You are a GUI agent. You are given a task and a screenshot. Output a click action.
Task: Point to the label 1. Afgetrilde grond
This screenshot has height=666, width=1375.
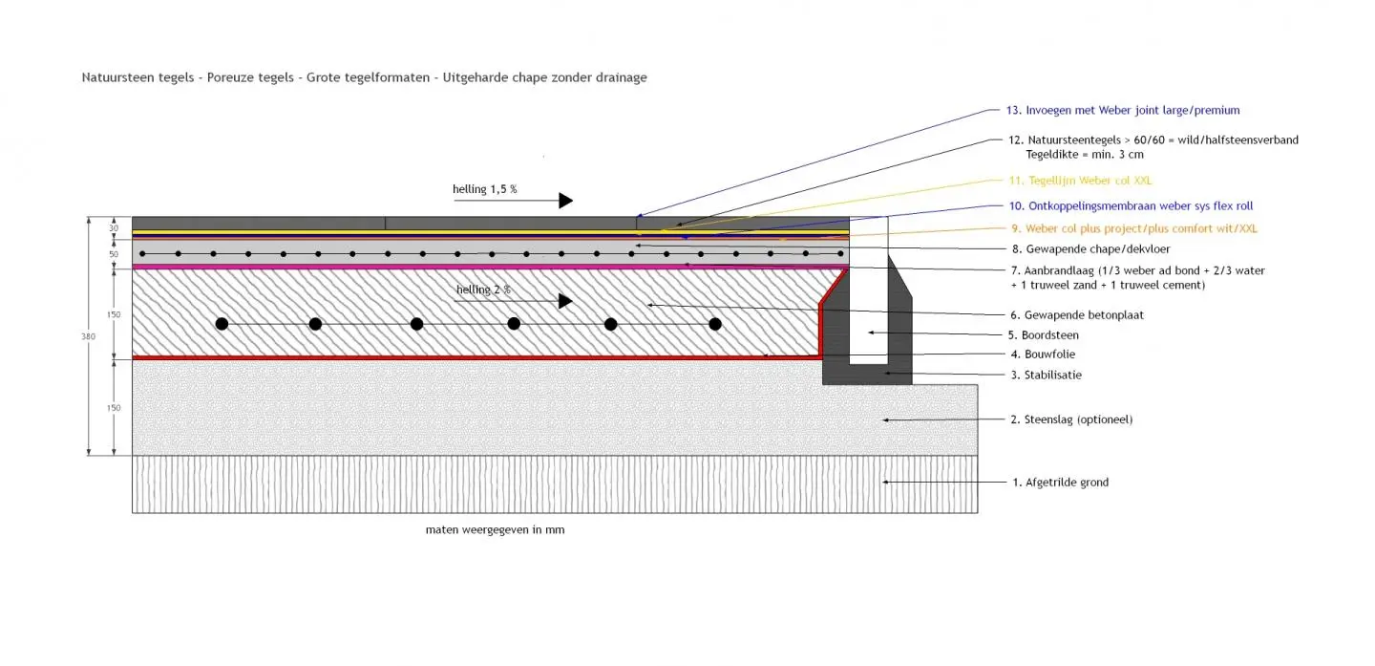pos(1060,483)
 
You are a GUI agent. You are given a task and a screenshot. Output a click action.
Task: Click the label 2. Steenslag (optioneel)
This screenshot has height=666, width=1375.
pos(1071,419)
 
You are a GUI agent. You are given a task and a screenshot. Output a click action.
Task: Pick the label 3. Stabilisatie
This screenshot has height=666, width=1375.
pos(1046,376)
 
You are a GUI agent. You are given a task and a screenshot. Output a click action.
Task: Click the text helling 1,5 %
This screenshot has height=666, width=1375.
pos(484,189)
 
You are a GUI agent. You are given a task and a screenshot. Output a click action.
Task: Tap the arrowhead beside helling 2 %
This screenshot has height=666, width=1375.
pos(565,301)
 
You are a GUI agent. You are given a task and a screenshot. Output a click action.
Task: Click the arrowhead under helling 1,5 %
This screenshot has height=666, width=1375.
pos(565,201)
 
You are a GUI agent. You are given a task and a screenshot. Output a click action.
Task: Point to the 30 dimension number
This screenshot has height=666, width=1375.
pos(114,227)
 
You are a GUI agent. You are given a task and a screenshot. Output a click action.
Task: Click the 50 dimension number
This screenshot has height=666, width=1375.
pos(114,254)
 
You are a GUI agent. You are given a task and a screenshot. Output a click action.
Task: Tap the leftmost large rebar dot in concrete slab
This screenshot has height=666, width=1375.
pos(222,324)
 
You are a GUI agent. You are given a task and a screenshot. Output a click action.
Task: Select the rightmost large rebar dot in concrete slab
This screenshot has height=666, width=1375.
pos(715,324)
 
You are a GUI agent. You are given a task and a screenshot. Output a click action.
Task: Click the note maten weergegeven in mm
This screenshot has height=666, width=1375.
pos(495,529)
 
